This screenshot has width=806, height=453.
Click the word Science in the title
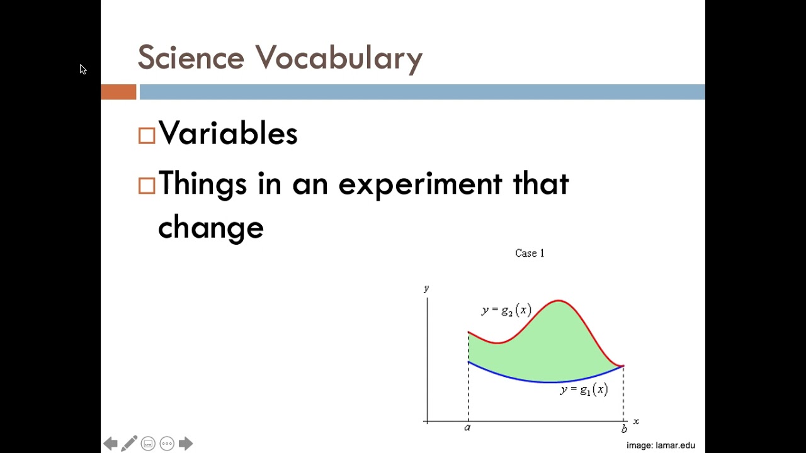[x=190, y=58]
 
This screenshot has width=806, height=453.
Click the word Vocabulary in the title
[x=339, y=58]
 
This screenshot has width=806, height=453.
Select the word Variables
[x=228, y=133]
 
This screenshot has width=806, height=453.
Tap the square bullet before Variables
[x=147, y=136]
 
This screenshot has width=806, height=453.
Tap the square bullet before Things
[x=147, y=186]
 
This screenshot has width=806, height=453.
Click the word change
[x=210, y=228]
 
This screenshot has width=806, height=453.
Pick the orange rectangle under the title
[x=118, y=92]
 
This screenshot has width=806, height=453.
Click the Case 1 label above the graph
[x=529, y=253]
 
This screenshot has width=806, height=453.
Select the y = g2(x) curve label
[x=506, y=310]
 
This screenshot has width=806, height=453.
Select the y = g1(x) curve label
[x=584, y=390]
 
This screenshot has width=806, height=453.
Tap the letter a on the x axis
[x=467, y=428]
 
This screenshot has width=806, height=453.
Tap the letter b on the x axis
[x=624, y=429]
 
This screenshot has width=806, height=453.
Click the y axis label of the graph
[x=426, y=288]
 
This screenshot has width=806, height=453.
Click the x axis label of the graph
[x=636, y=422]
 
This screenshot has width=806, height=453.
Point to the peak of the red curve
[x=559, y=301]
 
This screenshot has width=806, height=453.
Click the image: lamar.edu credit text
[x=661, y=445]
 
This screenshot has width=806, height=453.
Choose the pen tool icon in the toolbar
[x=129, y=444]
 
